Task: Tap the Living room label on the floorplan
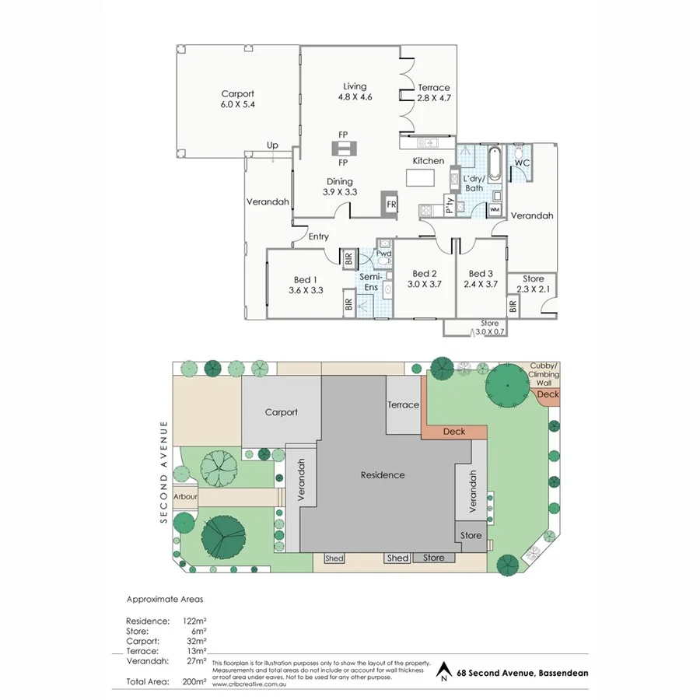point(355,92)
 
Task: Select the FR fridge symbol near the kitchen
point(391,205)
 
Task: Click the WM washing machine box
point(495,210)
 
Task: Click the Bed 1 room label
point(305,285)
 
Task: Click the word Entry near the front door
point(318,236)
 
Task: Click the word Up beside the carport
point(272,145)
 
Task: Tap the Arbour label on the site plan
point(185,496)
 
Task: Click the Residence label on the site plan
point(382,474)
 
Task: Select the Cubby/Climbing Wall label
point(544,374)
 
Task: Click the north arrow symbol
point(444,671)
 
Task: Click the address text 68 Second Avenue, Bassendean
point(523,674)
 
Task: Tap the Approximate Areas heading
point(164,600)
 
